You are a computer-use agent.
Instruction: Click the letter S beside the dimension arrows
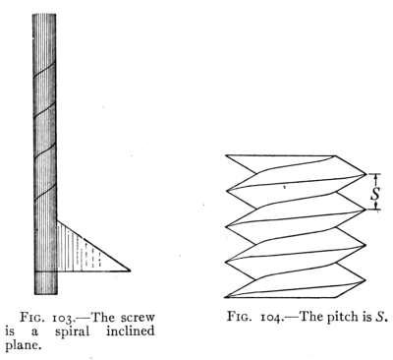[x=375, y=193]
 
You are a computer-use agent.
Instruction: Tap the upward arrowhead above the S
[x=376, y=177]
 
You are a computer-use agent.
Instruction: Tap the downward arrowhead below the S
[x=376, y=206]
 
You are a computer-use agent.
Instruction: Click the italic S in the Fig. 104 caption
[x=379, y=317]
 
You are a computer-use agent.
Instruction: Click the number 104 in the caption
[x=270, y=318]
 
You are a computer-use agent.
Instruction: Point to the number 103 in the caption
[x=62, y=319]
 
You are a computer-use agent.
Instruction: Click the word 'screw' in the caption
[x=138, y=318]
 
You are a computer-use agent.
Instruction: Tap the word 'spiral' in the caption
[x=72, y=331]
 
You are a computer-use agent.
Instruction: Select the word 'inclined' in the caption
[x=131, y=330]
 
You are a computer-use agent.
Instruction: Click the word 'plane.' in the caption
[x=24, y=346]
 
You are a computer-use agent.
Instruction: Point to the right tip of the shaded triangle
[x=131, y=270]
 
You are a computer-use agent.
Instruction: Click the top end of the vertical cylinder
[x=44, y=14]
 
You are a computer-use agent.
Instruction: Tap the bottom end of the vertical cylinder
[x=46, y=294]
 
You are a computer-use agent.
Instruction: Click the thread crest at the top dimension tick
[x=365, y=174]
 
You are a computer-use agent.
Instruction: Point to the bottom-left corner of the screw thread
[x=225, y=297]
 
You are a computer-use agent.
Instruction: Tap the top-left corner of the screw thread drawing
[x=226, y=154]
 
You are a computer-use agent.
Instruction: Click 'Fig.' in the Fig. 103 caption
[x=30, y=318]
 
